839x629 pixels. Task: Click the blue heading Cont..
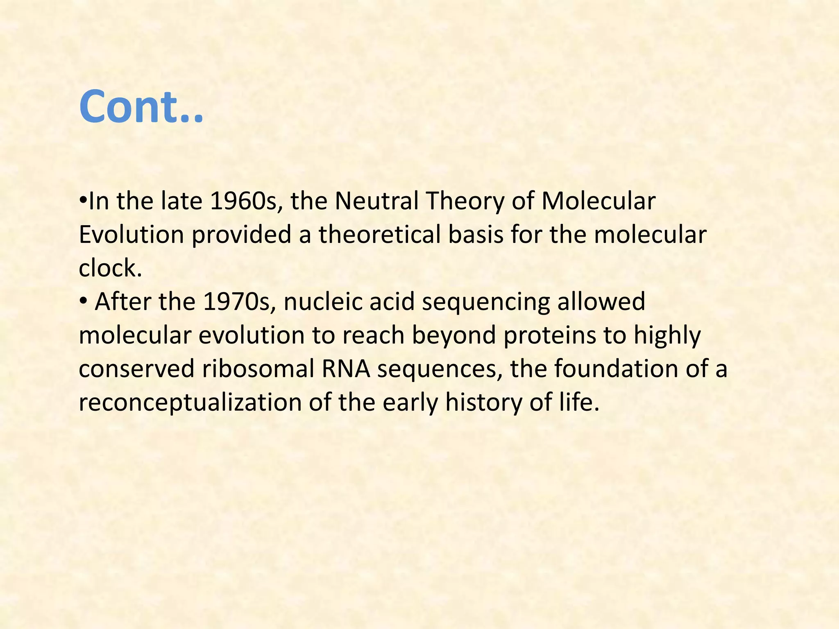[141, 107]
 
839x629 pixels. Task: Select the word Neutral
[376, 201]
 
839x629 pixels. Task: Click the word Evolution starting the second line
[131, 235]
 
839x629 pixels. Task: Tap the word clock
[110, 268]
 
